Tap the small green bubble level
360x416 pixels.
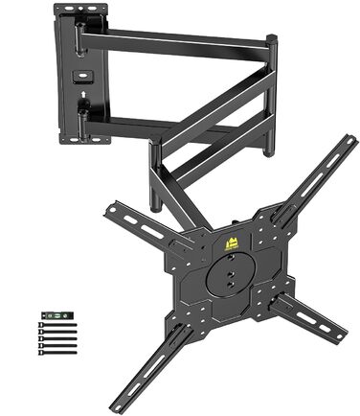(56, 314)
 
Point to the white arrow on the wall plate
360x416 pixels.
(82, 95)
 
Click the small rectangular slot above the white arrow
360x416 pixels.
(82, 75)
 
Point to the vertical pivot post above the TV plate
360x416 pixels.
(153, 177)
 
